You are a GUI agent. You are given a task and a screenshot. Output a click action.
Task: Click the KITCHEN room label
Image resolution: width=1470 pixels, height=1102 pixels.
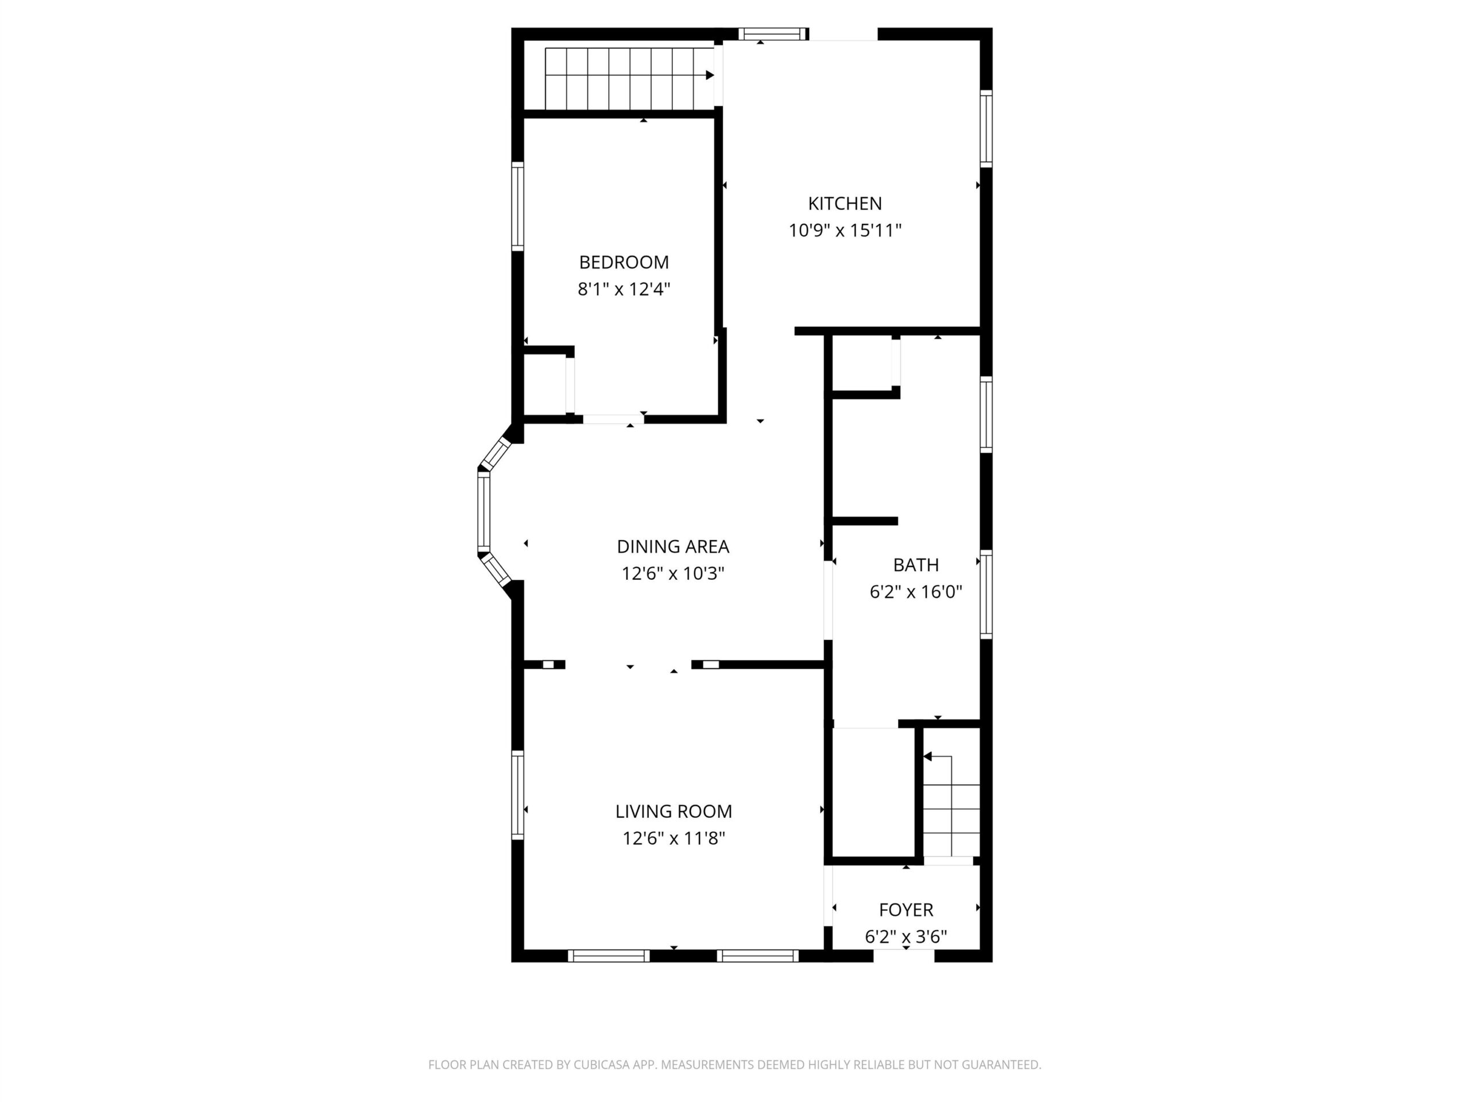(x=845, y=203)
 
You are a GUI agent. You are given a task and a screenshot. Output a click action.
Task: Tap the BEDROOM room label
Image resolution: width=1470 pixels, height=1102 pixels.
(x=624, y=262)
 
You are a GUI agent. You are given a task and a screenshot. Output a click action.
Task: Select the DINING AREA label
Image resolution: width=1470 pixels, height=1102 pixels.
(x=672, y=546)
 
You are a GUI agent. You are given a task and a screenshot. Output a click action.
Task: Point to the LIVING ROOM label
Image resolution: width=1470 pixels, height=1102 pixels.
(x=673, y=811)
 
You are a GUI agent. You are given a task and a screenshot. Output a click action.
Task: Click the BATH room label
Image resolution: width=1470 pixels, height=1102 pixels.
(x=916, y=565)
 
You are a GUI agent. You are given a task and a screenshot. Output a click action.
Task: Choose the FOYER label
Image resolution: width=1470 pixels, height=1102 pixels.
(x=906, y=910)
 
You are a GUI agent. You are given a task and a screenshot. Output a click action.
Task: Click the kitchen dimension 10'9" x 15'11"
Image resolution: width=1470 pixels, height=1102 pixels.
(x=845, y=231)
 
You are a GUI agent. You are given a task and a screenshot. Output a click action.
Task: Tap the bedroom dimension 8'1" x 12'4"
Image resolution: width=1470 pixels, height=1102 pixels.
(x=624, y=289)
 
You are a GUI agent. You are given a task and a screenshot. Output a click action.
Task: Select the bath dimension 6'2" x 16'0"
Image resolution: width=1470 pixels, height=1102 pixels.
(x=916, y=591)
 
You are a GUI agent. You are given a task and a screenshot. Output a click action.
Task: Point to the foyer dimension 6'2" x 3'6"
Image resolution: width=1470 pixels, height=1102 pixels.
(x=906, y=937)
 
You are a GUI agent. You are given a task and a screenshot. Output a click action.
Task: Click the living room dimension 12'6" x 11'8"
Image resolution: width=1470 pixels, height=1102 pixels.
(x=673, y=839)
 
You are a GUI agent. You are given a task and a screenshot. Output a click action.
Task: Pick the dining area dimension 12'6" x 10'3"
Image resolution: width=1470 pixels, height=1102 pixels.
(x=672, y=573)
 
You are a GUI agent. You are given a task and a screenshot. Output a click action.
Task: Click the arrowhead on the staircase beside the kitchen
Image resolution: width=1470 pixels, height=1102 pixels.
(x=710, y=75)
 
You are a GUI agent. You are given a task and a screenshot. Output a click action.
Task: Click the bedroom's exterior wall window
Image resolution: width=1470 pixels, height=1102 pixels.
(x=517, y=207)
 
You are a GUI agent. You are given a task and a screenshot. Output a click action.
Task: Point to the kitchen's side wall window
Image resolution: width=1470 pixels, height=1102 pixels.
(x=986, y=128)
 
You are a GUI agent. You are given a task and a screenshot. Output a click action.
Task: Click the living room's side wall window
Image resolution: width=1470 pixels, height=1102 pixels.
(x=517, y=795)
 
